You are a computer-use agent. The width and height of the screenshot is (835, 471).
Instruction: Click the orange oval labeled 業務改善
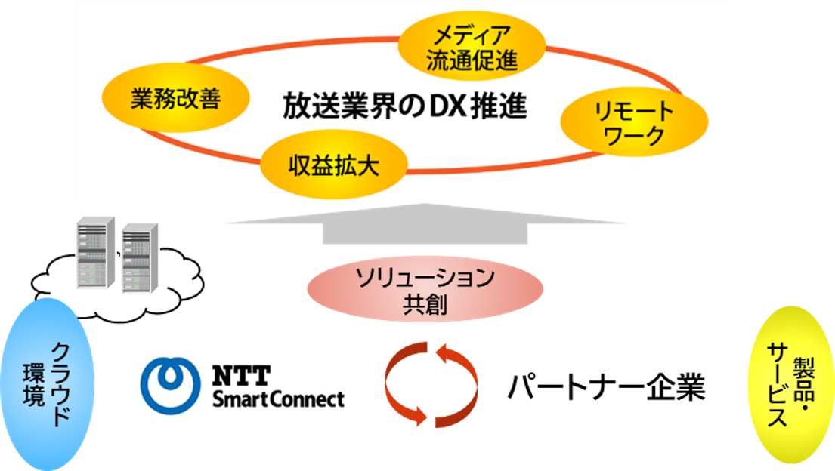coord(165,100)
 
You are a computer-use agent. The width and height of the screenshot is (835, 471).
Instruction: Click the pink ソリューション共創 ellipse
coord(425,292)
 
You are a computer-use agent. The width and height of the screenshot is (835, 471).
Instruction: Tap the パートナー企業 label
coord(605,388)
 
